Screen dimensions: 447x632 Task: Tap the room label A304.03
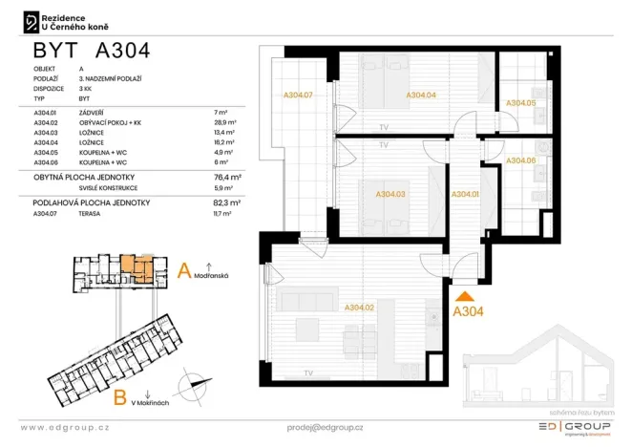390,195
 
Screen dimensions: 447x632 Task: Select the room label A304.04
421,96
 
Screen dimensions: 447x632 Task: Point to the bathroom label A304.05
520,103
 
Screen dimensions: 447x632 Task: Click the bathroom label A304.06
520,160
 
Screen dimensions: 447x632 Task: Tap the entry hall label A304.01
464,195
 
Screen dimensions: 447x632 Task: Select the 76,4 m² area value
227,177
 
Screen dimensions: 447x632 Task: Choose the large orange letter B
121,395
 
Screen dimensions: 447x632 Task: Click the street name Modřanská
210,274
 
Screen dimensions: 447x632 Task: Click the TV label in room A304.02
307,372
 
